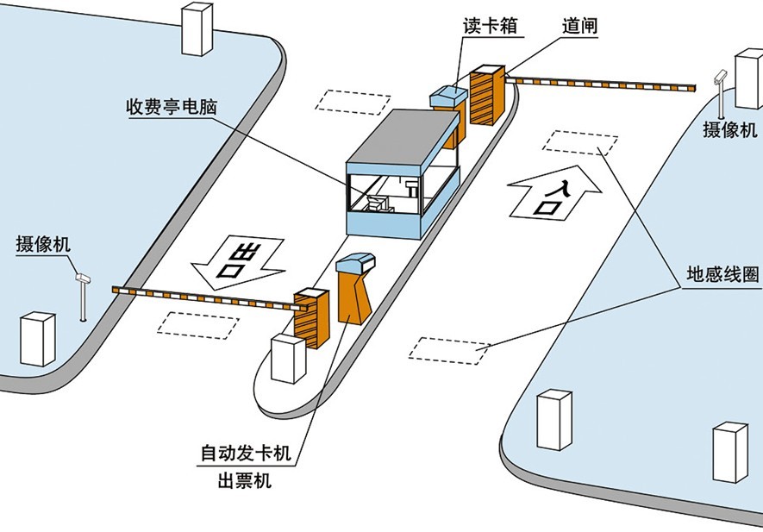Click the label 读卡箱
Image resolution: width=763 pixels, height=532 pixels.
[x=491, y=26]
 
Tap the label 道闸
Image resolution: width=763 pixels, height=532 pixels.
[x=579, y=26]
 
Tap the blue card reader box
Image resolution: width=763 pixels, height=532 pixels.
[x=448, y=97]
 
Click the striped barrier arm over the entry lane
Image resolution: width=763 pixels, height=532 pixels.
[x=604, y=84]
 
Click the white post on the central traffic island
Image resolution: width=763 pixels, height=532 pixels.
[x=288, y=359]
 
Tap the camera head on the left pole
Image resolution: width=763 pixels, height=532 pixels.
[x=83, y=278]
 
